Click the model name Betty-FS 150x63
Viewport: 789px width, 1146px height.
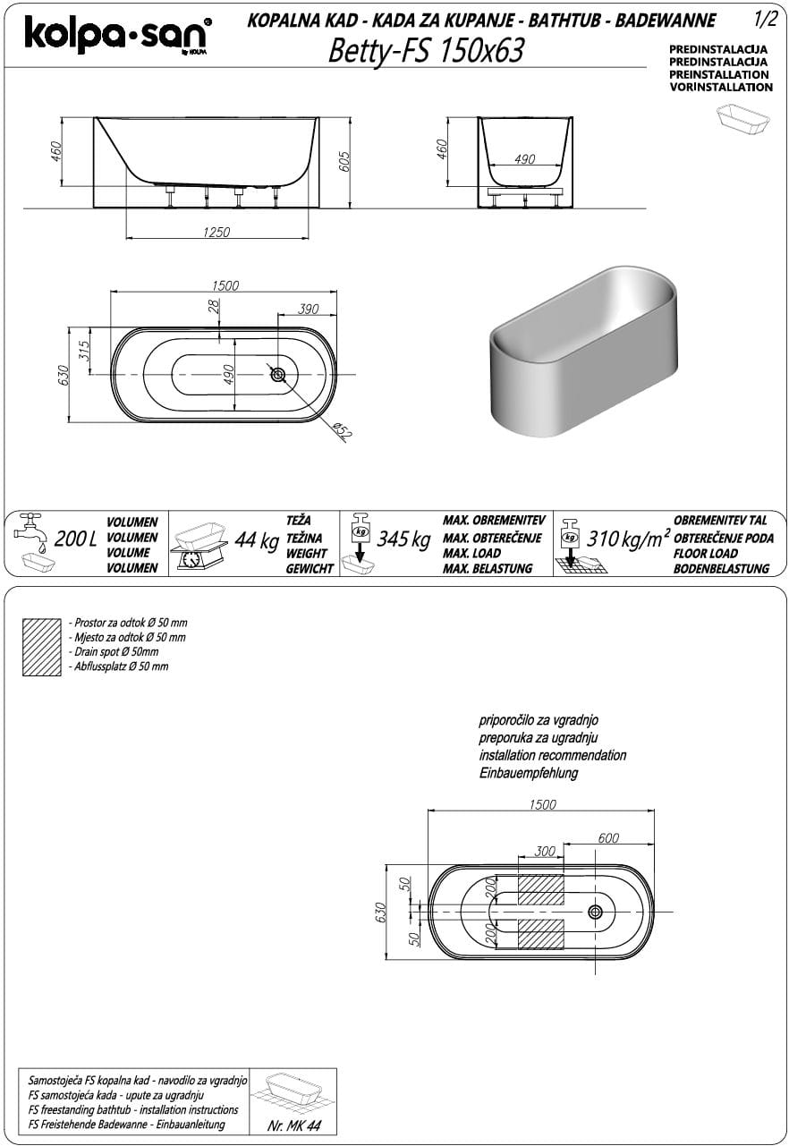pyautogui.click(x=426, y=52)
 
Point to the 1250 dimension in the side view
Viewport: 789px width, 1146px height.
pyautogui.click(x=216, y=232)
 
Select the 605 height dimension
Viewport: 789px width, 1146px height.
pyautogui.click(x=345, y=162)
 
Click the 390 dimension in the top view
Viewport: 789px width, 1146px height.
pyautogui.click(x=307, y=309)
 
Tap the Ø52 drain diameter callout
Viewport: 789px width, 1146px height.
pyautogui.click(x=341, y=431)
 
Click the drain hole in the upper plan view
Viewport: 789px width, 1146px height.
pyautogui.click(x=278, y=374)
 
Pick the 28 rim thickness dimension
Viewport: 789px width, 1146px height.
pyautogui.click(x=213, y=305)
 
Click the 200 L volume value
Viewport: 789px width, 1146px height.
pyautogui.click(x=75, y=541)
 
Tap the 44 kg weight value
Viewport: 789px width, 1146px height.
pyautogui.click(x=256, y=541)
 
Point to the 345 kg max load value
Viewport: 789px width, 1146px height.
pyautogui.click(x=403, y=541)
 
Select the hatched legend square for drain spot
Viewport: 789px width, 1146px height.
pyautogui.click(x=41, y=643)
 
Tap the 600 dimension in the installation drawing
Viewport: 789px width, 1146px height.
pyautogui.click(x=608, y=838)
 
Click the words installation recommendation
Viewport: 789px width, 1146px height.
pyautogui.click(x=552, y=755)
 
